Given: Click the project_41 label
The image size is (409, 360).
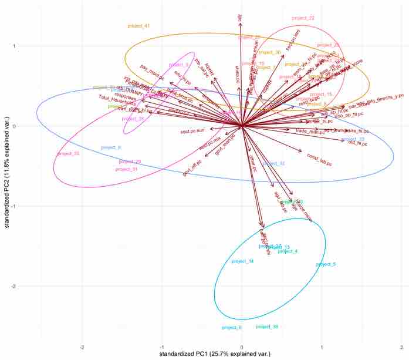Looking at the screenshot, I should click(139, 26).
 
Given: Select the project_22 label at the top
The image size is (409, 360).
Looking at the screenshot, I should click(303, 18).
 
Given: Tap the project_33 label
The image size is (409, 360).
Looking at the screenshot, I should click(68, 154).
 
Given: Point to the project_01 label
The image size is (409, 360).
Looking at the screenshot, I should click(126, 169).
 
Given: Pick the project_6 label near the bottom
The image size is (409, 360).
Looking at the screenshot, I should click(232, 327).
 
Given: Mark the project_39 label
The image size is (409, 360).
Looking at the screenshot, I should click(267, 327).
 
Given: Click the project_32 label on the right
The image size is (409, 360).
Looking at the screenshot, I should click(353, 139).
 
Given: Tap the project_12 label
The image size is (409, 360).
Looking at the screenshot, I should click(274, 164).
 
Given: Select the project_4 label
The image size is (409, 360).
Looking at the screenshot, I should click(288, 251).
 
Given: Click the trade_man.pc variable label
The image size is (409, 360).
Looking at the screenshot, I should click(310, 132).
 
